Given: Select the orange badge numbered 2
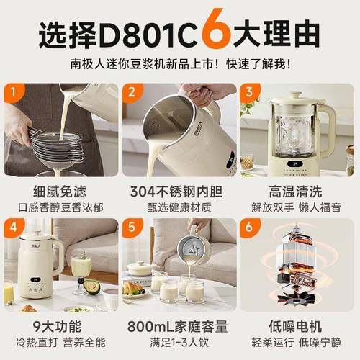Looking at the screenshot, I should (132, 94).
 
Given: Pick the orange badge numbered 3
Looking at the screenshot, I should (250, 94).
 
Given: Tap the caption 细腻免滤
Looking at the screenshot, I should (60, 193).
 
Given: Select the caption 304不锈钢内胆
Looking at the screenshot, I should (179, 193).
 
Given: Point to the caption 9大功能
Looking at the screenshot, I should (60, 328).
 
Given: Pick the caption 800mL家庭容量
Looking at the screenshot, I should (179, 328).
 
